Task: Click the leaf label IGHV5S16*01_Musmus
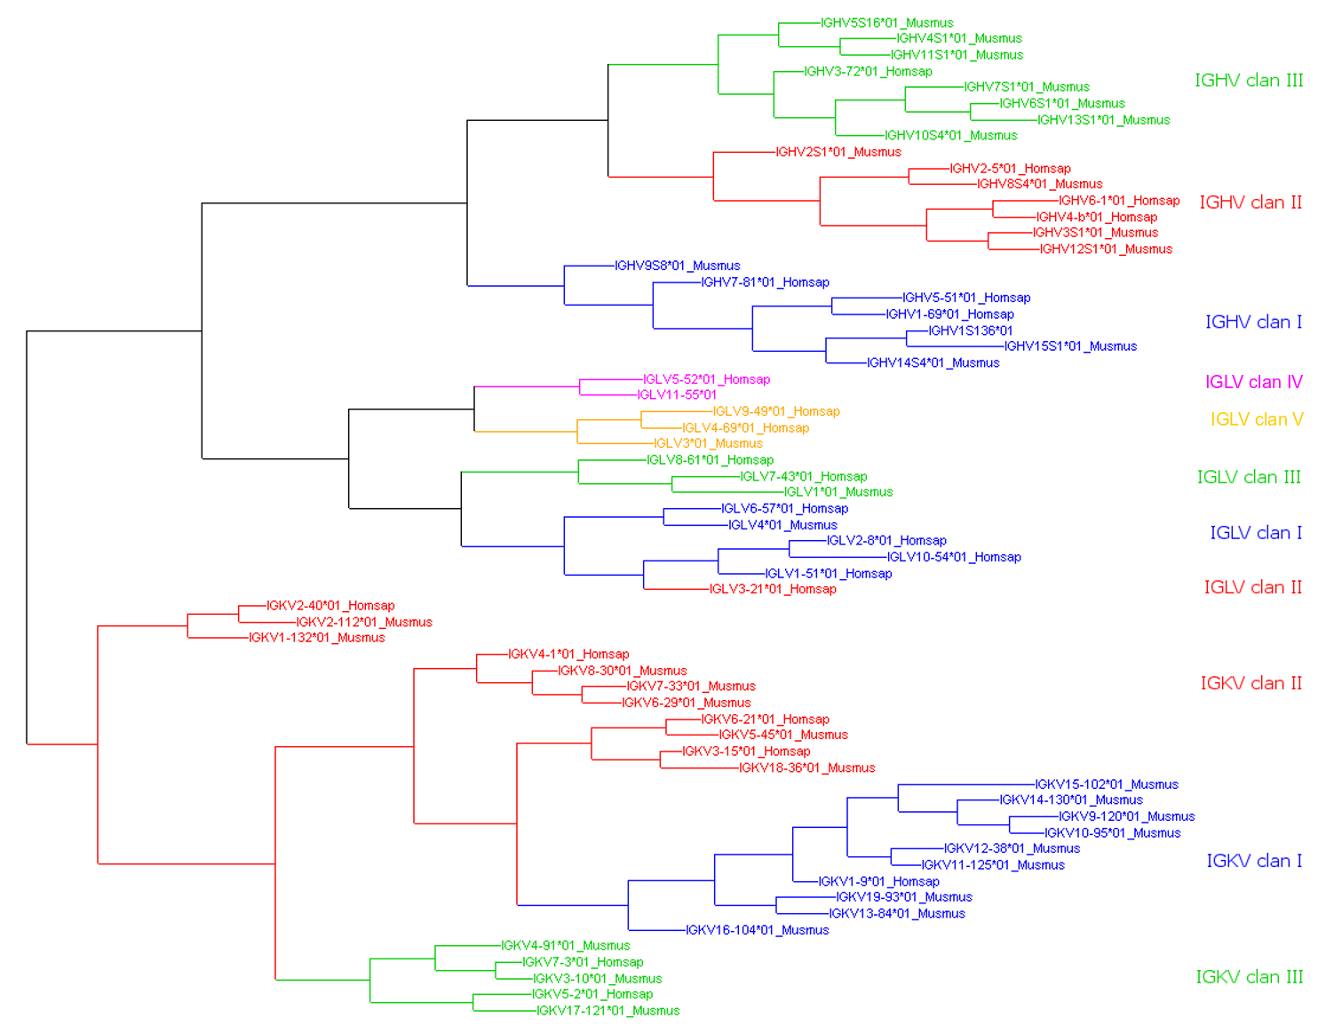tap(886, 23)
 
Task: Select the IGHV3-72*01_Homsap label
tap(868, 72)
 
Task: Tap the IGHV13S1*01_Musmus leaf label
tap(1103, 120)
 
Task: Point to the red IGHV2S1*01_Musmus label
tap(838, 152)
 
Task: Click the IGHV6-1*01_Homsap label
tap(1118, 201)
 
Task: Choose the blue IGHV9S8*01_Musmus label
tap(677, 266)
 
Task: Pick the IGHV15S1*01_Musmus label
tap(1070, 346)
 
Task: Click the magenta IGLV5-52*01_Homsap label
tap(706, 379)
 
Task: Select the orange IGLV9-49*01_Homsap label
tap(776, 411)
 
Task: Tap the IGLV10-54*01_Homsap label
tap(954, 557)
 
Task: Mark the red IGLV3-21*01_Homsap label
tap(773, 589)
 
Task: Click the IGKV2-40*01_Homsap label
tap(330, 606)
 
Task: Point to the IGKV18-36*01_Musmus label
tap(806, 768)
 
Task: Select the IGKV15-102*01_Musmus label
tap(1107, 784)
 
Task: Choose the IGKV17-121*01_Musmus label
tap(607, 1011)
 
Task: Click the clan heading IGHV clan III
tap(1248, 81)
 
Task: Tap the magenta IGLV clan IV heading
tap(1253, 382)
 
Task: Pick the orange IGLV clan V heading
tap(1256, 419)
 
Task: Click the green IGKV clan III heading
tap(1249, 977)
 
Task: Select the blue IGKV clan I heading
tap(1253, 861)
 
